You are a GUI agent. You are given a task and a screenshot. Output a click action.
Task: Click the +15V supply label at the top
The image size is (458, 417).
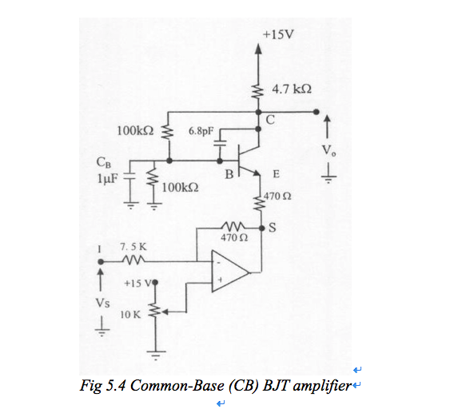277,34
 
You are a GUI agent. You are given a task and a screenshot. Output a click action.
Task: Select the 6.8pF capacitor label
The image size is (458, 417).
201,129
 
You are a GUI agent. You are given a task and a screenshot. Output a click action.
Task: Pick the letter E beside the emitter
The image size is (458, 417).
276,173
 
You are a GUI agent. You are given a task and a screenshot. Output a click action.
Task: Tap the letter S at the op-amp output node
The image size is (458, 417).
272,225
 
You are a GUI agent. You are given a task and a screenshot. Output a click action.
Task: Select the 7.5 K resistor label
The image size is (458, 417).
133,248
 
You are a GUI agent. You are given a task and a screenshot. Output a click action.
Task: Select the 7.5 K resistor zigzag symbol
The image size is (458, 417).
133,261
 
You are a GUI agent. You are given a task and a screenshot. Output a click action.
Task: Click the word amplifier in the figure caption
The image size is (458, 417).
321,387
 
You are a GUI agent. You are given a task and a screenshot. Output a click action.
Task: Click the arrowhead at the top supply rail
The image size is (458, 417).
258,47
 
